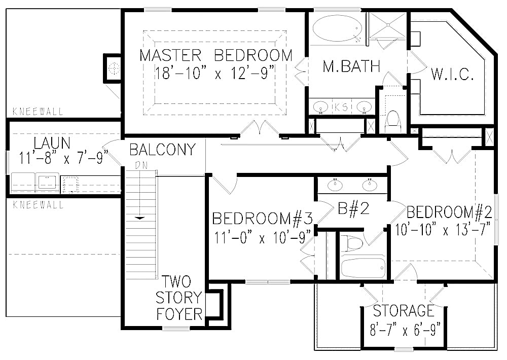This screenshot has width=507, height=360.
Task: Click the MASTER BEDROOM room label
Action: tap(216, 55)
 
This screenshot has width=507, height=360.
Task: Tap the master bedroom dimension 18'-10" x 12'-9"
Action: tap(216, 74)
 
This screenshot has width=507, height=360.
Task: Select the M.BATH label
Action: tap(351, 66)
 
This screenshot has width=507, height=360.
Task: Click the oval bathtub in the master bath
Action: tap(335, 29)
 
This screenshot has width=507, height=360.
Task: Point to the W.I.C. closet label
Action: tap(453, 76)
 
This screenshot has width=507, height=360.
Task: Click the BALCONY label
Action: tap(162, 150)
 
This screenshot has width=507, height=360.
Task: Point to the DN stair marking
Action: tap(140, 165)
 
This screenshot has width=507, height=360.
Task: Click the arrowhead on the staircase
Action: tap(139, 218)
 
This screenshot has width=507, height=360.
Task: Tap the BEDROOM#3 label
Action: tap(262, 219)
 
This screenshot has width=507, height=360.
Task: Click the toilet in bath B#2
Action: tap(353, 243)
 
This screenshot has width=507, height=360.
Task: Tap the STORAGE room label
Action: tap(404, 310)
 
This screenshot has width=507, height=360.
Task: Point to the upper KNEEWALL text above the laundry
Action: tap(39, 112)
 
